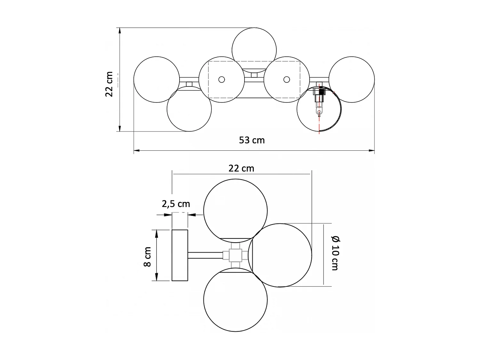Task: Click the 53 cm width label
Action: pyautogui.click(x=252, y=140)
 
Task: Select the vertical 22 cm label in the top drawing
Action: pyautogui.click(x=109, y=84)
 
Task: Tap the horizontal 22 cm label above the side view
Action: pyautogui.click(x=241, y=168)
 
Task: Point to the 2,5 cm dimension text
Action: pyautogui.click(x=176, y=204)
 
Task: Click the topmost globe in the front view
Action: pyautogui.click(x=254, y=46)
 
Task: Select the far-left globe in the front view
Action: pyautogui.click(x=156, y=79)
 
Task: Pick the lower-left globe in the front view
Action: pyautogui.click(x=189, y=110)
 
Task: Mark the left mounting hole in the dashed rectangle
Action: pyautogui.click(x=221, y=79)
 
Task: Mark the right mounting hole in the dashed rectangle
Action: pyautogui.click(x=287, y=79)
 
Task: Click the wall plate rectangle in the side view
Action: pyautogui.click(x=180, y=255)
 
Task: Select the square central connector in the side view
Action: pyautogui.click(x=235, y=255)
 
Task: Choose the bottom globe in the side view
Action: pyautogui.click(x=235, y=301)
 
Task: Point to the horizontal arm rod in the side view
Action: pyautogui.click(x=205, y=255)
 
